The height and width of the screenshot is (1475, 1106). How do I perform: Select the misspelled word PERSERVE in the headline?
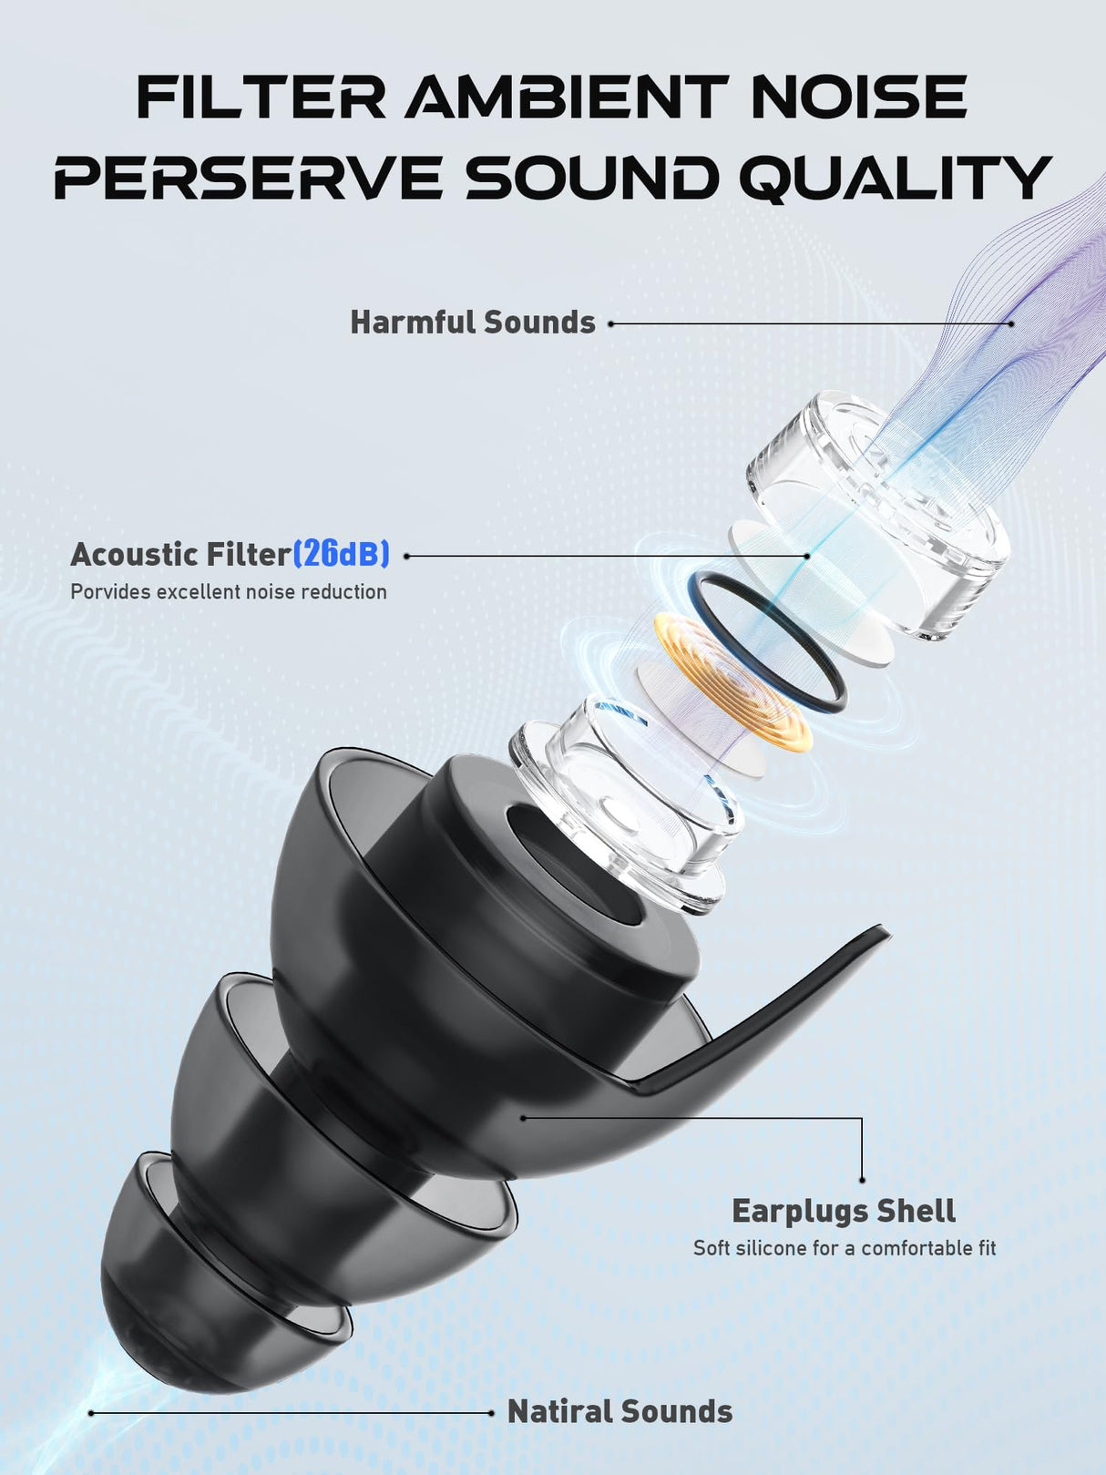point(248,178)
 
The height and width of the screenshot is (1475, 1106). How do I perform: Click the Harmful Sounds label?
point(473,323)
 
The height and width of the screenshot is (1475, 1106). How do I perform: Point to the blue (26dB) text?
point(342,554)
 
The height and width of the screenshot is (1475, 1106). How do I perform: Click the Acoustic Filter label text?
point(180,554)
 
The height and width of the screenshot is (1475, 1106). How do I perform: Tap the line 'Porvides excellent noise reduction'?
point(229,592)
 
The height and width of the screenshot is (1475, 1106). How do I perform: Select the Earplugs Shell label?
point(845,1211)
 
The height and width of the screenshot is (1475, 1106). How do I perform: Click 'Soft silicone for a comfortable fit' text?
point(845,1248)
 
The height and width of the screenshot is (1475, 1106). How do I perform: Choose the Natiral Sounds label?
point(620,1411)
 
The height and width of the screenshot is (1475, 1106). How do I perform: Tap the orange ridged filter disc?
point(733,681)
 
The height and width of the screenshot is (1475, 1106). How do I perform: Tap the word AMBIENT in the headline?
point(566,97)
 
